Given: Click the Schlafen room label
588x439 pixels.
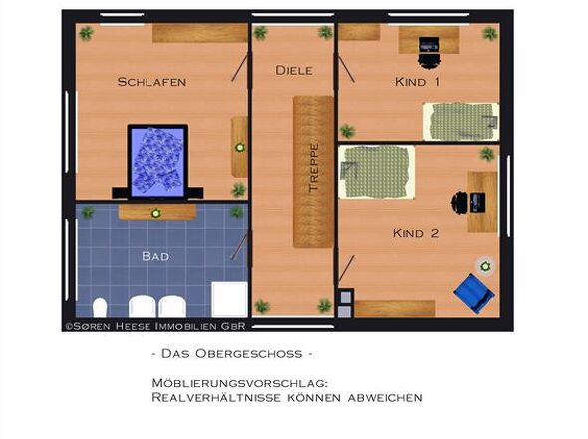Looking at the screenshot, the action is point(151,82).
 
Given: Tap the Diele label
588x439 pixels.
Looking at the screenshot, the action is point(294,70).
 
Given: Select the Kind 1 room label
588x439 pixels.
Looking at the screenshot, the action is point(417,82).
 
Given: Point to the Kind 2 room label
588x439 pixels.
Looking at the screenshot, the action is point(416,233).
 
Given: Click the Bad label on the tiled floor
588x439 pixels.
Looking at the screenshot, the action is point(155,256).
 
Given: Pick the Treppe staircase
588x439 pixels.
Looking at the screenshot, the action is point(313,172).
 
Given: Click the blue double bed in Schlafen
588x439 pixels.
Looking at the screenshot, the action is point(157,162).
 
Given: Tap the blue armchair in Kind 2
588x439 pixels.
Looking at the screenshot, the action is point(474,293).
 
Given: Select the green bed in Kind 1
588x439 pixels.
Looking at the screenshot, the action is point(460,122).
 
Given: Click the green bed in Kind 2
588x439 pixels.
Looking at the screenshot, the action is point(376,172).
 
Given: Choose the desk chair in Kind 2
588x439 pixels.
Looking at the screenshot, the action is point(459,202).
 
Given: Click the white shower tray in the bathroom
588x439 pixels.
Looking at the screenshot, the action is point(229,300).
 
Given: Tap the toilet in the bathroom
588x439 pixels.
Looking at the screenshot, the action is point(100,308).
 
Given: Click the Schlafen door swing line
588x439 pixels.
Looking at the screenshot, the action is point(239,68).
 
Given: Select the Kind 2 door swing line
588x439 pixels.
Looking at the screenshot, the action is point(347,268).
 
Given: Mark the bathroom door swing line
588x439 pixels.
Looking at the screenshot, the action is point(239,247).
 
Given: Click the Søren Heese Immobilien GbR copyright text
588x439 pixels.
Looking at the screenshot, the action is point(155,326).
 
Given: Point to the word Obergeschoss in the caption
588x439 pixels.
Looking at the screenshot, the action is point(248,354).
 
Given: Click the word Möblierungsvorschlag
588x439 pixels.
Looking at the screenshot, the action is point(239,383).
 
